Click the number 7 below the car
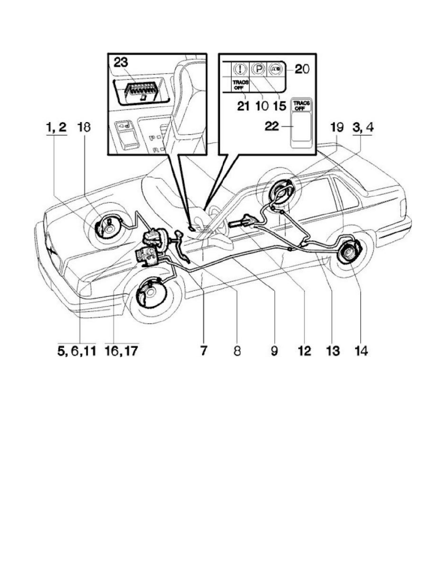coord(204,351)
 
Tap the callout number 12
coord(304,351)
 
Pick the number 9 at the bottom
coord(274,351)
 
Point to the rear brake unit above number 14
coord(345,252)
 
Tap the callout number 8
coord(237,351)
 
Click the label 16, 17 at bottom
coord(121,351)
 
